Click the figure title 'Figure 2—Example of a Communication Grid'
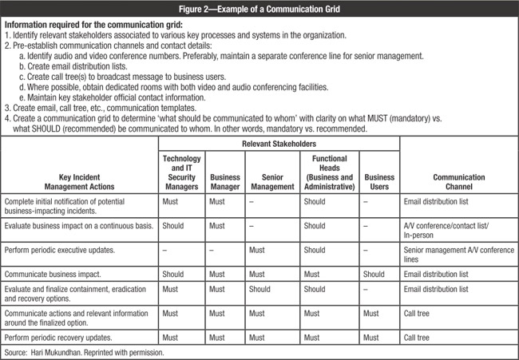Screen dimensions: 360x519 259,7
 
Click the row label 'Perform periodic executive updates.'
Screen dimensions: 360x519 67,251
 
